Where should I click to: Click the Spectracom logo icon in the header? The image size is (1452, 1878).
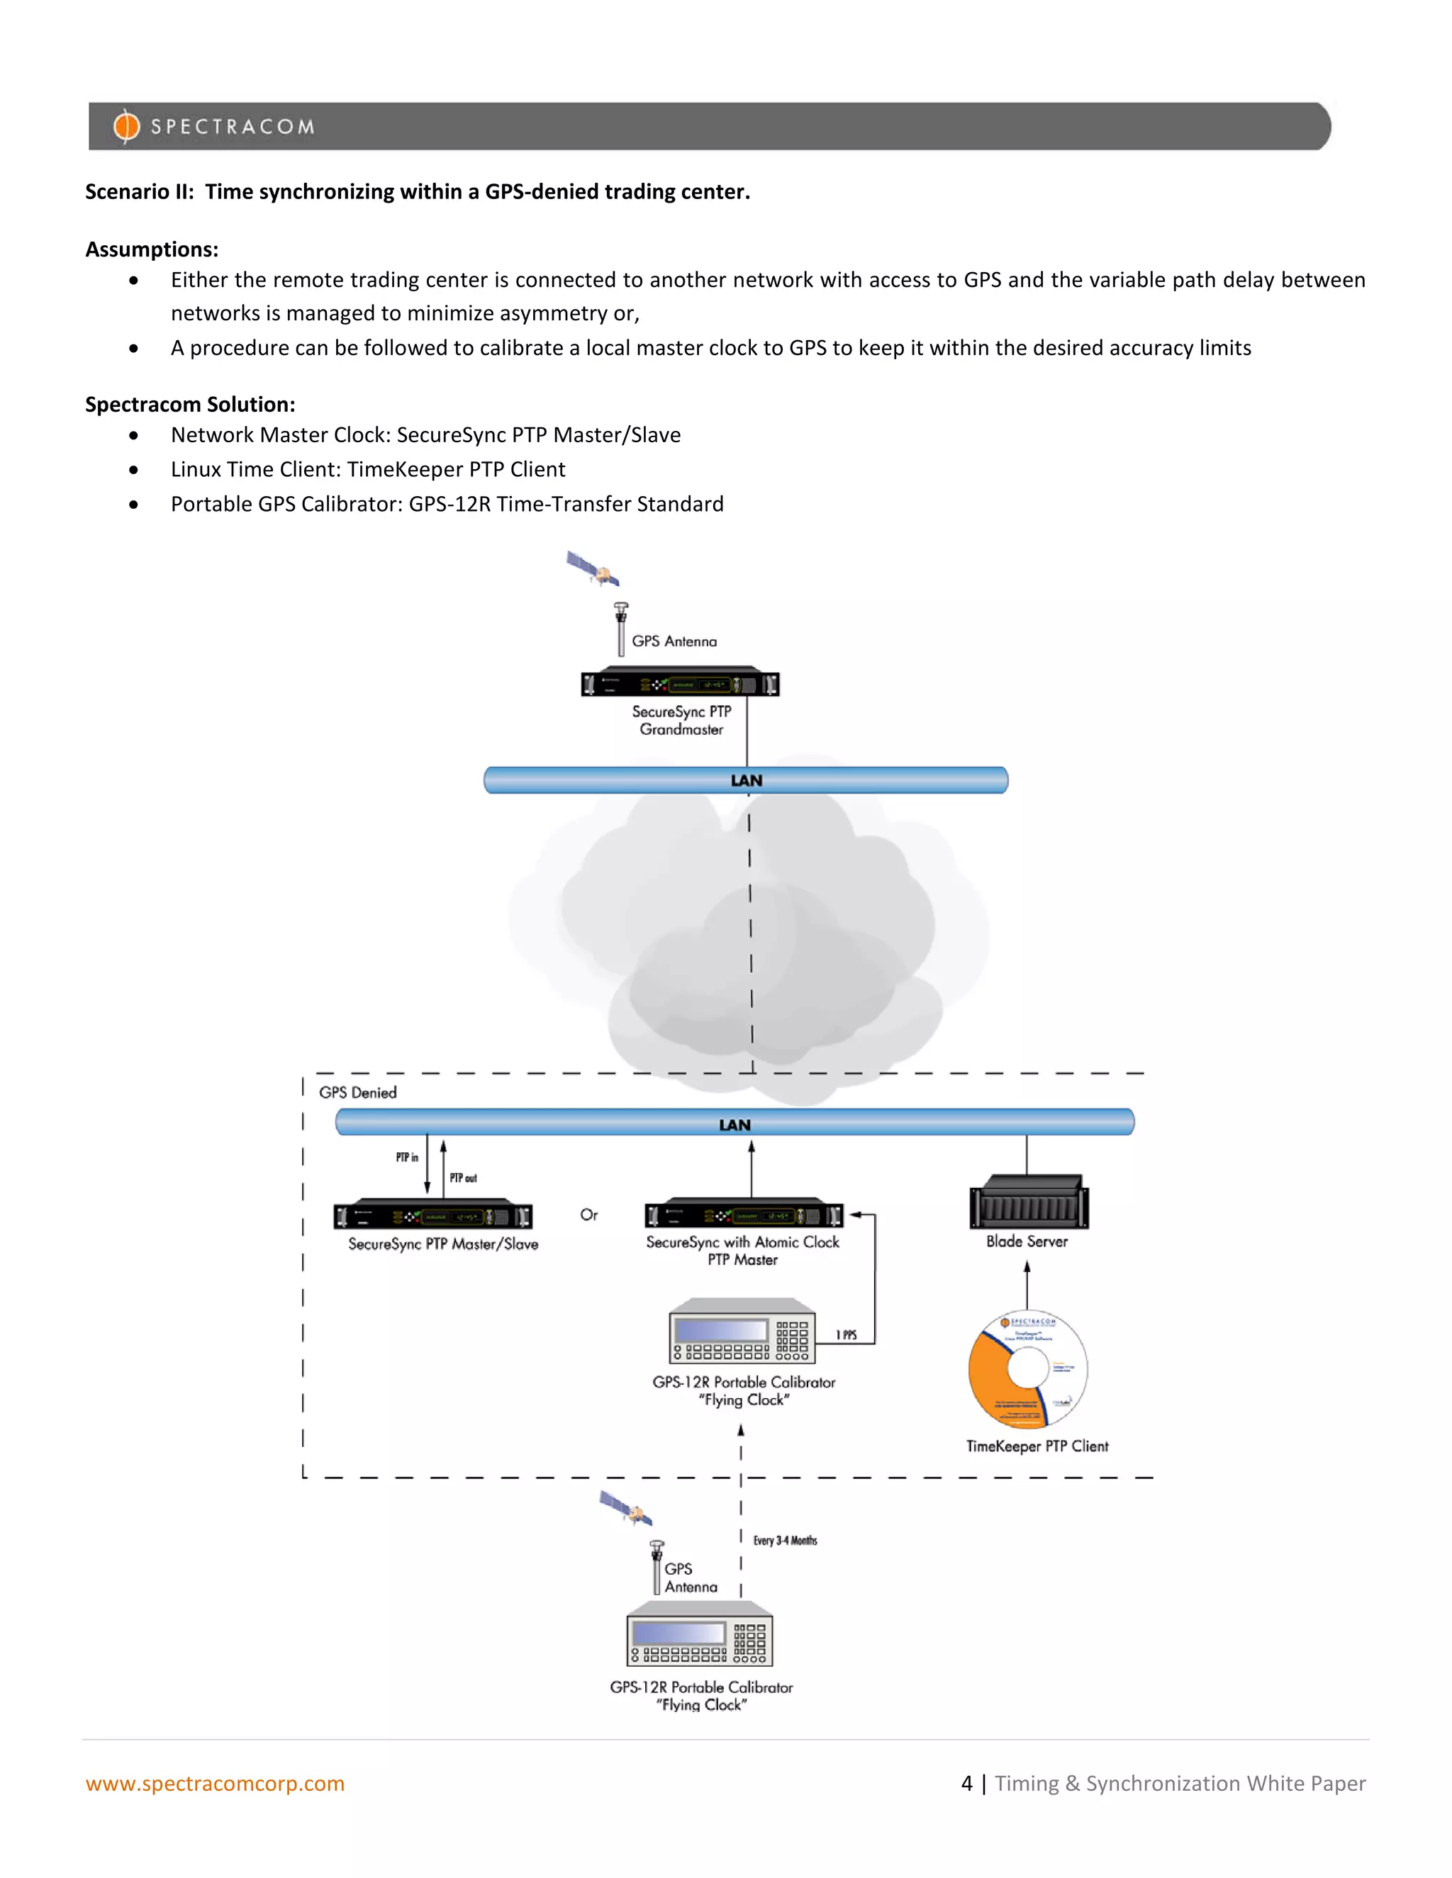pos(126,126)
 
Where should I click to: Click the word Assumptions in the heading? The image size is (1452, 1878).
pos(152,249)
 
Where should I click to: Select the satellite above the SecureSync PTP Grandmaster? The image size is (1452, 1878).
pos(593,569)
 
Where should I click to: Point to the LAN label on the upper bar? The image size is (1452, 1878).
pos(746,781)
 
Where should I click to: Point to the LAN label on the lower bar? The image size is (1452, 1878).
pos(735,1125)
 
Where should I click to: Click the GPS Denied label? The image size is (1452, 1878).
pos(358,1092)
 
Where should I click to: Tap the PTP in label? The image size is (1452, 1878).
pos(407,1157)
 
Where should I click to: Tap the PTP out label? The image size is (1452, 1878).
pos(463,1178)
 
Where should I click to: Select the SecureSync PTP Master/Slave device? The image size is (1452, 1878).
pos(432,1216)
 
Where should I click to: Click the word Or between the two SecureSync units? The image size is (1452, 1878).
pos(588,1214)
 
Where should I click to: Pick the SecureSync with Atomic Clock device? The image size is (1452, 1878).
pos(744,1215)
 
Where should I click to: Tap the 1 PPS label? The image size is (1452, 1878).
pos(847,1334)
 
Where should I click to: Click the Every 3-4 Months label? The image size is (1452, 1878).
pos(785,1540)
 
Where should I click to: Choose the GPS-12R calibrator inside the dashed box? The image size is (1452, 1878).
pos(742,1333)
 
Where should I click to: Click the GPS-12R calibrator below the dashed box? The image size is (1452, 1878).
pos(699,1636)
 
